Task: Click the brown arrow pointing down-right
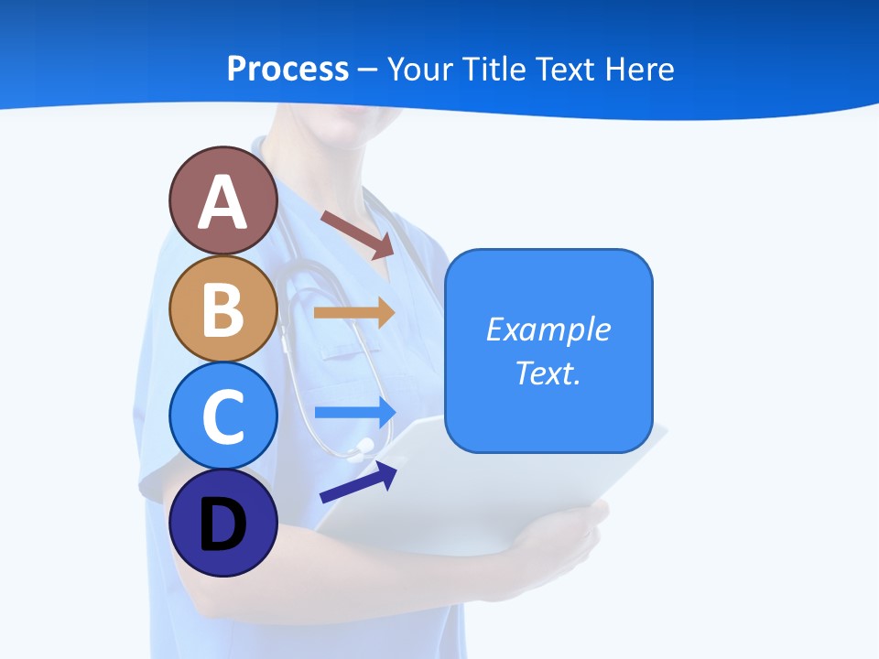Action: click(357, 234)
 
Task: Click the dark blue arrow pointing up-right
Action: click(358, 482)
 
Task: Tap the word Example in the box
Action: click(548, 329)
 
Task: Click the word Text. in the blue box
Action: click(548, 373)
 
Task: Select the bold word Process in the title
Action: click(288, 69)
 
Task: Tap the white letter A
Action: click(222, 203)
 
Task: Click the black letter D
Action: click(222, 525)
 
